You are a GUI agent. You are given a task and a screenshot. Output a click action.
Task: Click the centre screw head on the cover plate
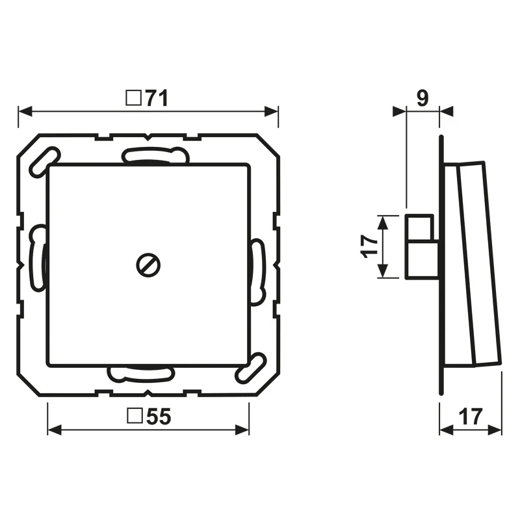(148, 265)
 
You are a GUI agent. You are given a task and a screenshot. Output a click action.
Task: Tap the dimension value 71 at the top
(157, 98)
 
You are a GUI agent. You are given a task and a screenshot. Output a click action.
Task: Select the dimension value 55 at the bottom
(159, 417)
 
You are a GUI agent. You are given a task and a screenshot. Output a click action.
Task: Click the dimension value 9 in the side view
(422, 98)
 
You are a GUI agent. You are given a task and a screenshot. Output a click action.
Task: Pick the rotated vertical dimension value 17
(370, 246)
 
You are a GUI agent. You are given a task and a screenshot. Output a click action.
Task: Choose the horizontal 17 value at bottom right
(471, 417)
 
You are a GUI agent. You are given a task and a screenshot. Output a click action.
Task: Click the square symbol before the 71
(134, 98)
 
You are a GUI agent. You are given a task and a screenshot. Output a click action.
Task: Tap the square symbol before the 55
(135, 416)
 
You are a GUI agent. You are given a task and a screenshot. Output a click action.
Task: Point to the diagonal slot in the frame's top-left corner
(44, 162)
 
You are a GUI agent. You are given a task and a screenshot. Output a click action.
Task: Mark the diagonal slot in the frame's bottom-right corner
(251, 368)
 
